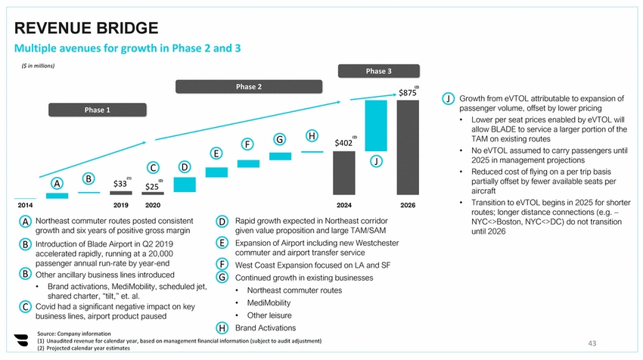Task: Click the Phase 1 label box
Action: (x=97, y=110)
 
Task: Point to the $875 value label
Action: (x=407, y=93)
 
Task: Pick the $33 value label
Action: (x=120, y=183)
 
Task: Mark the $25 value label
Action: (x=151, y=186)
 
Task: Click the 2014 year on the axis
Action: (x=25, y=204)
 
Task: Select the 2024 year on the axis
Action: (x=343, y=204)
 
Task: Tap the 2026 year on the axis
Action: (x=408, y=204)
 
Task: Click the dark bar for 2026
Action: (x=408, y=148)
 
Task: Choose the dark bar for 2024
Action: (x=343, y=173)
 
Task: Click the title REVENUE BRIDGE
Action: (x=86, y=29)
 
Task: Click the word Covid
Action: (x=48, y=306)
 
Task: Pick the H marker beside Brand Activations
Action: (x=222, y=328)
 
